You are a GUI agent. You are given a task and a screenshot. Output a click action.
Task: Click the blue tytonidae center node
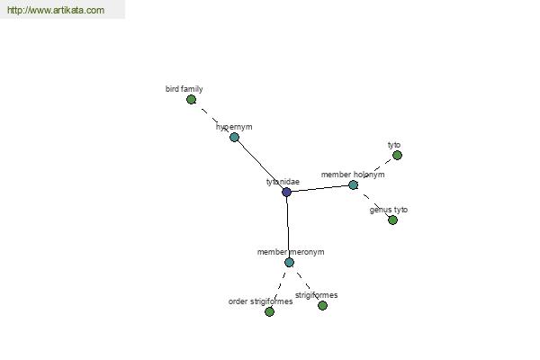coord(286,192)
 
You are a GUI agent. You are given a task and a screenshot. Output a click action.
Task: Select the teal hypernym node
coord(234,137)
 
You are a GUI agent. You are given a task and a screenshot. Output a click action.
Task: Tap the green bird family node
coord(191,100)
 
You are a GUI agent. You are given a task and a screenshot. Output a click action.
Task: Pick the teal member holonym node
coord(353,185)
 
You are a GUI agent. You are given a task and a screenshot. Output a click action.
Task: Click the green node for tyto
coord(397,156)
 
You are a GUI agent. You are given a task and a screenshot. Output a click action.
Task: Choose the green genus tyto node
coord(392,220)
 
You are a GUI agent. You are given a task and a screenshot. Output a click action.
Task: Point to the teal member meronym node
coord(289,263)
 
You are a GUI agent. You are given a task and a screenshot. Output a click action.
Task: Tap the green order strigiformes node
coord(270,311)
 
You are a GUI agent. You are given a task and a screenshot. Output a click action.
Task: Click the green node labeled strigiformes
coord(322,305)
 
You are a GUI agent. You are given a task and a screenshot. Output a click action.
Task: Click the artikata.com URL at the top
coord(56,10)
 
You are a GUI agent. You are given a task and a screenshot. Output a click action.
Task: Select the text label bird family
coord(184,89)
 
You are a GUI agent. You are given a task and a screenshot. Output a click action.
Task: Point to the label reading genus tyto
coord(389,210)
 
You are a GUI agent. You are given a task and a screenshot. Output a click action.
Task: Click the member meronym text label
coord(291,252)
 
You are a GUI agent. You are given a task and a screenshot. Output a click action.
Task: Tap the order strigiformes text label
coord(260,301)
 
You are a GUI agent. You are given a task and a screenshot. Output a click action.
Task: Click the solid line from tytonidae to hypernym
coord(260,165)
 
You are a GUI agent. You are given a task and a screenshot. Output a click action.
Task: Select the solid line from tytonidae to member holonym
coord(319,188)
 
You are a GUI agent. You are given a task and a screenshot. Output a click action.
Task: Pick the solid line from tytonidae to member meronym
coord(288,227)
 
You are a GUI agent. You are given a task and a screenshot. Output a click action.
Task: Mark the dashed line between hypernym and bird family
coord(212,119)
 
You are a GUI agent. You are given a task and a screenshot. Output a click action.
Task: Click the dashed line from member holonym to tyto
coord(375,170)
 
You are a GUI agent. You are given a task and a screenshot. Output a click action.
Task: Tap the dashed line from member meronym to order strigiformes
coord(280,287)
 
